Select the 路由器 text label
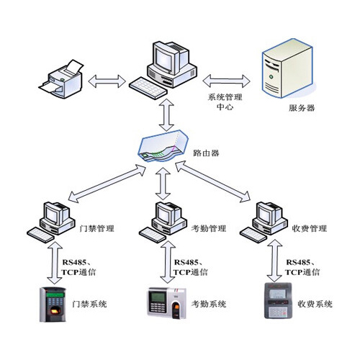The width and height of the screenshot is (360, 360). click(x=208, y=153)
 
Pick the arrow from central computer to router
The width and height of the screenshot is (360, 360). click(x=166, y=113)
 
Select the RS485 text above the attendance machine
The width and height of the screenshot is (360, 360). click(x=188, y=262)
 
